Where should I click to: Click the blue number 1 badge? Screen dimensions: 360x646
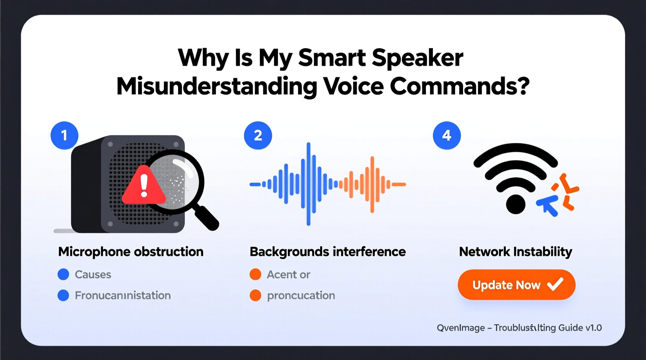(64, 135)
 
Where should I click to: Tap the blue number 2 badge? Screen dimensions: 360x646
(258, 135)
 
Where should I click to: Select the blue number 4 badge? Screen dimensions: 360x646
(447, 135)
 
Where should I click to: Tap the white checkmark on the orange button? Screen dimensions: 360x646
(555, 284)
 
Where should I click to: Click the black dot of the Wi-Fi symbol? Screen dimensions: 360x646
(516, 204)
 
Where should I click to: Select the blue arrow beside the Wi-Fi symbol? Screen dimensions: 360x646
(548, 205)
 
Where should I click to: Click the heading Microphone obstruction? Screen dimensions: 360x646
(131, 252)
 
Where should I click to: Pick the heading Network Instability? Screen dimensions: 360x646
(516, 252)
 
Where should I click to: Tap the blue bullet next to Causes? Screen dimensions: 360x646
(63, 274)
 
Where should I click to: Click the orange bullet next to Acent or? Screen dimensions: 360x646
(255, 274)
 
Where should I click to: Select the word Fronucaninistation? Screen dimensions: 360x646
(123, 296)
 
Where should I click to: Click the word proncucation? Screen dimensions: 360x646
(301, 296)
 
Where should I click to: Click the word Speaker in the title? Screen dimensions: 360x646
(417, 58)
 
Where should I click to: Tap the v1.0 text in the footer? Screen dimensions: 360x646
(594, 328)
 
